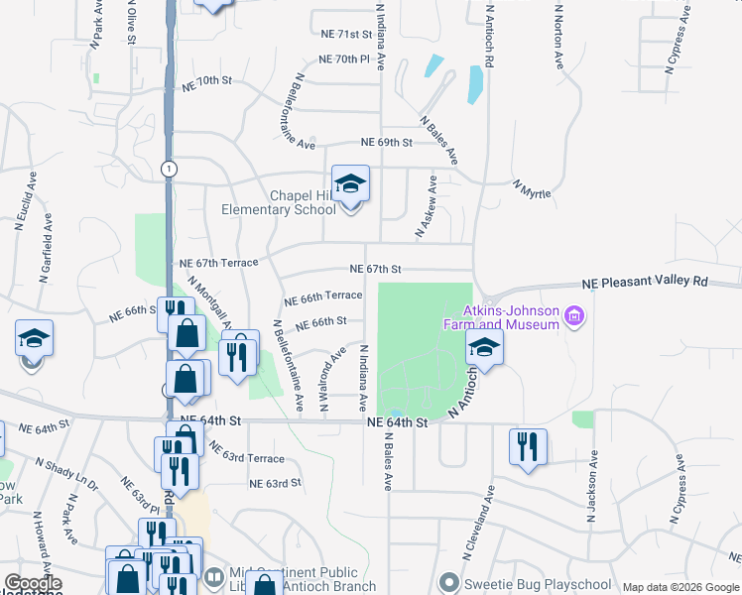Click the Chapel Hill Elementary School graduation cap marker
click(x=350, y=184)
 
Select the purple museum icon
click(x=572, y=317)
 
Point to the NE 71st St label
click(x=345, y=34)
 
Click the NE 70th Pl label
click(x=344, y=59)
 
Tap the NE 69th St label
click(x=386, y=143)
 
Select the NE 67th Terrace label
click(x=218, y=263)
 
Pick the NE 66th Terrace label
click(x=322, y=297)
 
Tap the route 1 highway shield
click(x=171, y=169)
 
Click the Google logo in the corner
click(x=33, y=583)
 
